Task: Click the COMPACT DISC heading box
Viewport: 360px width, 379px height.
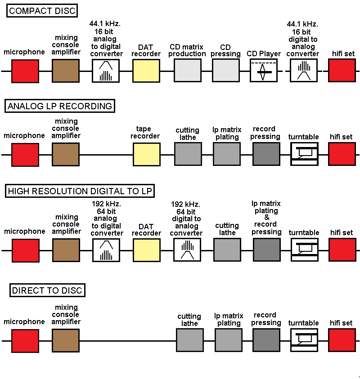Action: coord(42,11)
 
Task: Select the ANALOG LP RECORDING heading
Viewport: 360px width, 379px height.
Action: coord(60,106)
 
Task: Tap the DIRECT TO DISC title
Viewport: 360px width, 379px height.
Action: coord(47,290)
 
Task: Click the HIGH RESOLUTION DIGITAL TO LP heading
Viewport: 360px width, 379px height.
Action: coord(80,191)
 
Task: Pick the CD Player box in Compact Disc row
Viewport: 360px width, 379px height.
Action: coord(264,71)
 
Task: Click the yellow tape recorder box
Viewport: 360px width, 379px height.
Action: coord(147,155)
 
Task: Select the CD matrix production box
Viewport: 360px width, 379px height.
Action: coord(188,71)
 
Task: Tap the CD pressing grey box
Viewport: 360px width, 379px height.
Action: coord(226,71)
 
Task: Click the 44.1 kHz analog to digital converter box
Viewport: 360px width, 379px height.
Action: coord(106,71)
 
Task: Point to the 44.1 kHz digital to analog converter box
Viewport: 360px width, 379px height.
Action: coord(304,71)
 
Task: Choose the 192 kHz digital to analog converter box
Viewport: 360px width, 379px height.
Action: coord(187,250)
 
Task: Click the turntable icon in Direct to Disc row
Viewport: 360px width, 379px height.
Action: coord(304,340)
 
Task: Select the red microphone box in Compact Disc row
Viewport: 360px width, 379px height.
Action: coord(25,71)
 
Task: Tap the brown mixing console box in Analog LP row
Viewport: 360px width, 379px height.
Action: coord(66,155)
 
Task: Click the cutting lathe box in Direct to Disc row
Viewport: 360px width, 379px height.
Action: coord(190,340)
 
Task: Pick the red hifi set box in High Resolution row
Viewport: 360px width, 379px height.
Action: coord(342,250)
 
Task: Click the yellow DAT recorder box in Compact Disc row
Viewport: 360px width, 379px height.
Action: coord(146,71)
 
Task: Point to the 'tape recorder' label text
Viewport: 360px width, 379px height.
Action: coord(145,132)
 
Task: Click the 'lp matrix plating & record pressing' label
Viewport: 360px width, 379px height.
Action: coord(266,218)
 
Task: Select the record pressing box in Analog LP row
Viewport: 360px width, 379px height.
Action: coord(266,154)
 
